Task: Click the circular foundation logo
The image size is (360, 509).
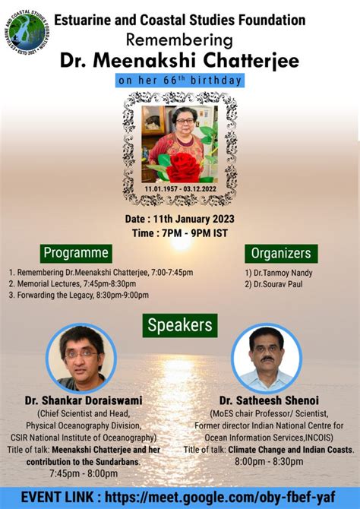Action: click(27, 33)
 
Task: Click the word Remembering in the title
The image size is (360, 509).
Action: click(179, 40)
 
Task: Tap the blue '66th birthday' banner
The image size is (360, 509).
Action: click(180, 81)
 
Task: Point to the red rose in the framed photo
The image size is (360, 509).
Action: click(183, 167)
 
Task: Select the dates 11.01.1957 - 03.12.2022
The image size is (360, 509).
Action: click(181, 189)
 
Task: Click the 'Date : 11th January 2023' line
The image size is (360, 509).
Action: click(180, 219)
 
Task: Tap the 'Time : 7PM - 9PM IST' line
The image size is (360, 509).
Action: click(180, 233)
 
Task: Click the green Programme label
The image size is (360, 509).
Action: click(76, 253)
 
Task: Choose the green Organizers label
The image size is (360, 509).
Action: click(281, 254)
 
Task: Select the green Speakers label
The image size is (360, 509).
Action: click(180, 325)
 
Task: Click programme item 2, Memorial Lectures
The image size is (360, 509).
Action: click(72, 283)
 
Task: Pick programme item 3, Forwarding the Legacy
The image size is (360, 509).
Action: click(78, 295)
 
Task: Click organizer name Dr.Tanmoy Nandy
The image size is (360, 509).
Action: click(279, 273)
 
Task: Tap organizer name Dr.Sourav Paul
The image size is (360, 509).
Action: click(273, 284)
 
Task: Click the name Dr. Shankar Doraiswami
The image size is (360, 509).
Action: click(84, 400)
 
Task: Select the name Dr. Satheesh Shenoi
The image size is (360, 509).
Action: click(269, 400)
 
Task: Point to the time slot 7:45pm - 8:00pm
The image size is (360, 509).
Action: click(84, 473)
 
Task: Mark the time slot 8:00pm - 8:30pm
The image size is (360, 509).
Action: click(269, 461)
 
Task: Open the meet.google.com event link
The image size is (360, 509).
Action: click(220, 498)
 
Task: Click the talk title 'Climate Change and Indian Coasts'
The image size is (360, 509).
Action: click(291, 450)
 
